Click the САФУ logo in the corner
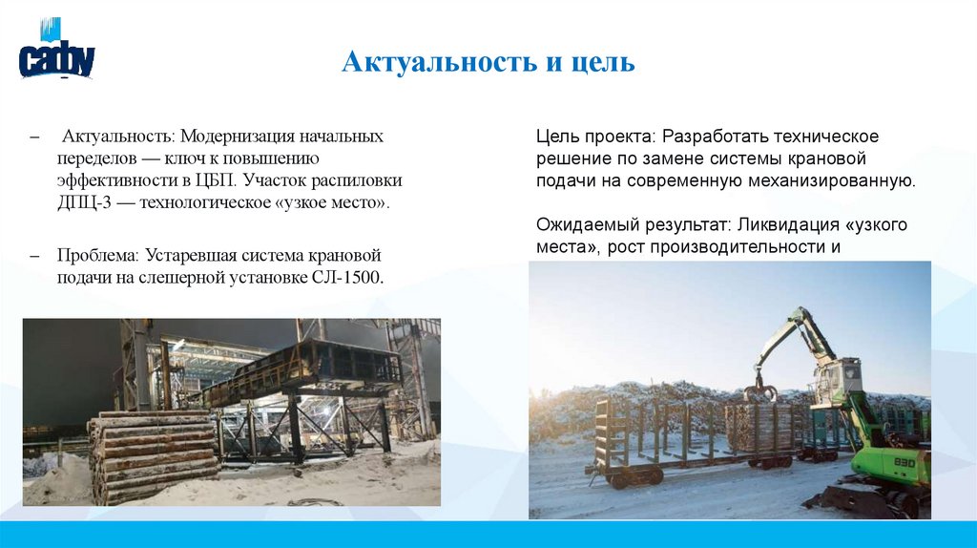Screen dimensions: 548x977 [57, 54]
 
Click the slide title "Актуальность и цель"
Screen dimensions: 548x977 [488, 63]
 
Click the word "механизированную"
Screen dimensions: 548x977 [842, 180]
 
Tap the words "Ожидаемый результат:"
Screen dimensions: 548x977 [631, 225]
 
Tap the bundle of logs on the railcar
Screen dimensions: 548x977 [758, 427]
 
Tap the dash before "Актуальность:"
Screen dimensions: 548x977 [34, 137]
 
